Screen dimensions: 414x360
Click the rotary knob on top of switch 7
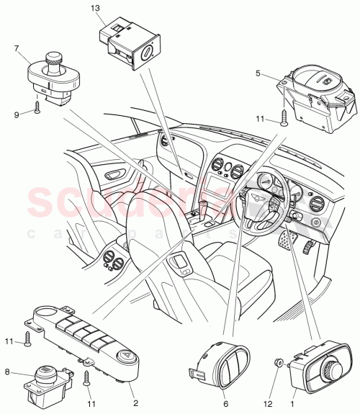point(53,58)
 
